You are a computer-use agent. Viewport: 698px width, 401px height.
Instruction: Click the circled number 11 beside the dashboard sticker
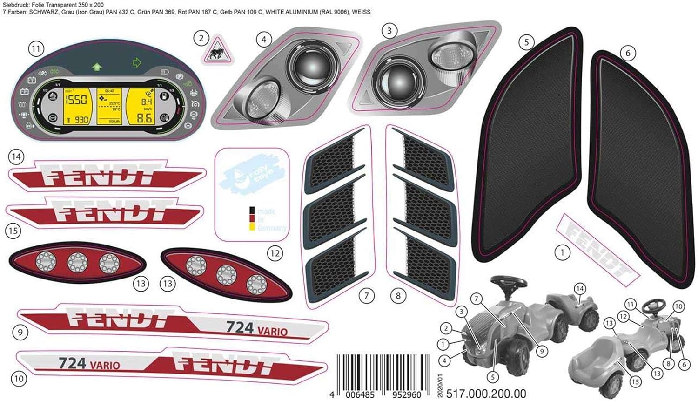tap(36, 48)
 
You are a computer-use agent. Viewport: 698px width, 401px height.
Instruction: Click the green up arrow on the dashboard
tap(97, 67)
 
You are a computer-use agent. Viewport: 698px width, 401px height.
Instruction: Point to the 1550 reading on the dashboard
tap(75, 100)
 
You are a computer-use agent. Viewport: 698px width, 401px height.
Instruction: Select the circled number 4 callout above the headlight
tap(264, 40)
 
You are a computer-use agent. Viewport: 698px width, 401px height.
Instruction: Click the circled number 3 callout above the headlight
tap(389, 31)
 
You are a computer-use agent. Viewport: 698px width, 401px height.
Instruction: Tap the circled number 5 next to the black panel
tap(526, 42)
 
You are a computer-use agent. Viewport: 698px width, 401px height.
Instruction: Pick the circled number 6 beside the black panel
tap(628, 53)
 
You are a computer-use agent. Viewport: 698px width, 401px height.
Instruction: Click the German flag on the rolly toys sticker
tap(252, 218)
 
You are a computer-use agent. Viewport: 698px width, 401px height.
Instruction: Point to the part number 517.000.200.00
tap(486, 394)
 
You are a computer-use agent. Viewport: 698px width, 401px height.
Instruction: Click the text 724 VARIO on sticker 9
tap(256, 329)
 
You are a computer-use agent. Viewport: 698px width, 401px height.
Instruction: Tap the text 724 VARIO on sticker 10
tap(89, 363)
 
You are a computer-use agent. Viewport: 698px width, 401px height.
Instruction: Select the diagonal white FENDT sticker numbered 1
tap(598, 248)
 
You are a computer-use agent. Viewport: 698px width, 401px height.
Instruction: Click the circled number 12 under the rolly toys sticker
tap(275, 253)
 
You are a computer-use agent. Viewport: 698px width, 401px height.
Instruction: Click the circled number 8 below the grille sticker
tap(398, 295)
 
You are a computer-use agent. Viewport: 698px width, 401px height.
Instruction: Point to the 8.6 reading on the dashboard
tap(144, 118)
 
